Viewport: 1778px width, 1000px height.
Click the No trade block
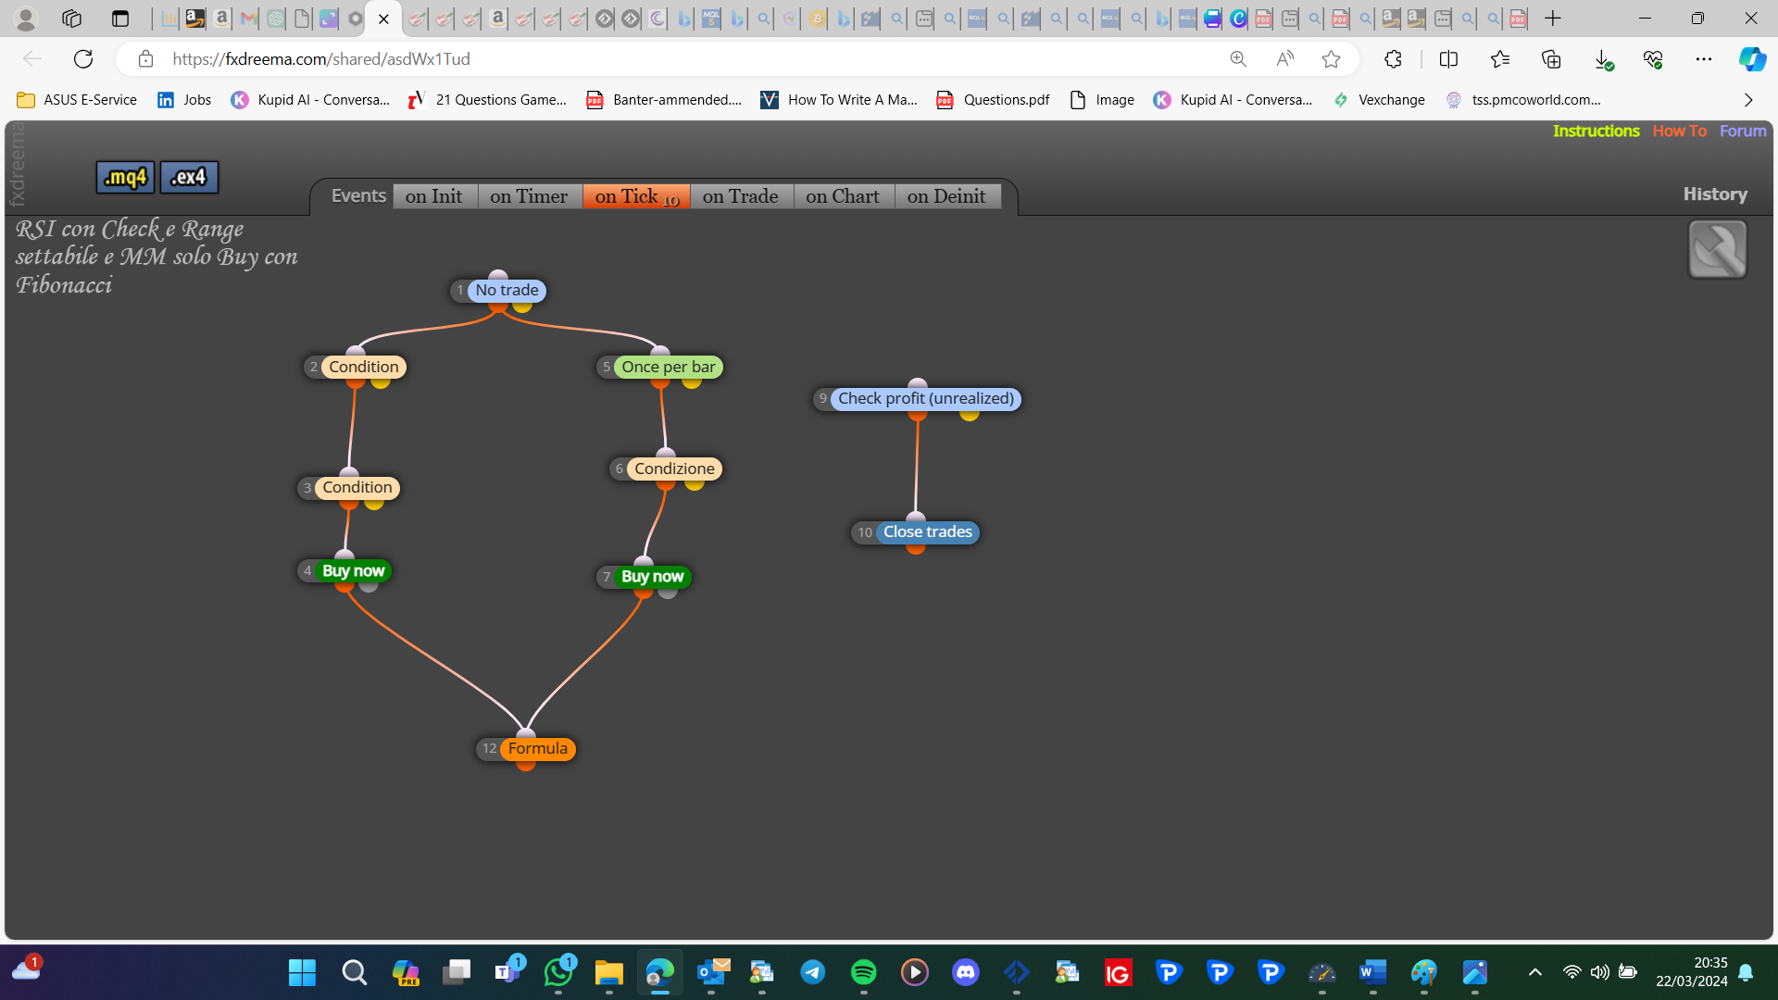coord(507,291)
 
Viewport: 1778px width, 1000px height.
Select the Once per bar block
coord(668,368)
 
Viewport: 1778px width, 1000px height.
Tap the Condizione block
coord(674,469)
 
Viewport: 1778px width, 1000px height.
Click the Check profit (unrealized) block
coord(926,399)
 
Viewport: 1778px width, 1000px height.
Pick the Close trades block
coord(927,532)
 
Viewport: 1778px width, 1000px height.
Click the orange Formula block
coord(537,749)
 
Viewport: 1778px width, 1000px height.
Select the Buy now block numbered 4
coord(353,571)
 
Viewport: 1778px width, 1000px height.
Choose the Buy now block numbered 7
coord(652,577)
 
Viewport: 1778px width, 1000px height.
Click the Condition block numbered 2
coord(363,368)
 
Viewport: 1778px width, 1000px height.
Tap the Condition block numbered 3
coord(357,488)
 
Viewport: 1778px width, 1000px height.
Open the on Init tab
coord(434,196)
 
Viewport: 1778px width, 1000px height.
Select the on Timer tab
coord(529,196)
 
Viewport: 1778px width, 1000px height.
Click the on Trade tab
coord(741,196)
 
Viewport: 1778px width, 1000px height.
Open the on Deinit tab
coord(946,196)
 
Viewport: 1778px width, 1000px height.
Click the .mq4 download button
coord(125,177)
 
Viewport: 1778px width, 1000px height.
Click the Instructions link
coord(1596,131)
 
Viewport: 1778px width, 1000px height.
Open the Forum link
coord(1743,131)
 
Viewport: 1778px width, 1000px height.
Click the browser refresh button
coord(83,59)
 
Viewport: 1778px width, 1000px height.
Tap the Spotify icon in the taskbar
coord(863,972)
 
